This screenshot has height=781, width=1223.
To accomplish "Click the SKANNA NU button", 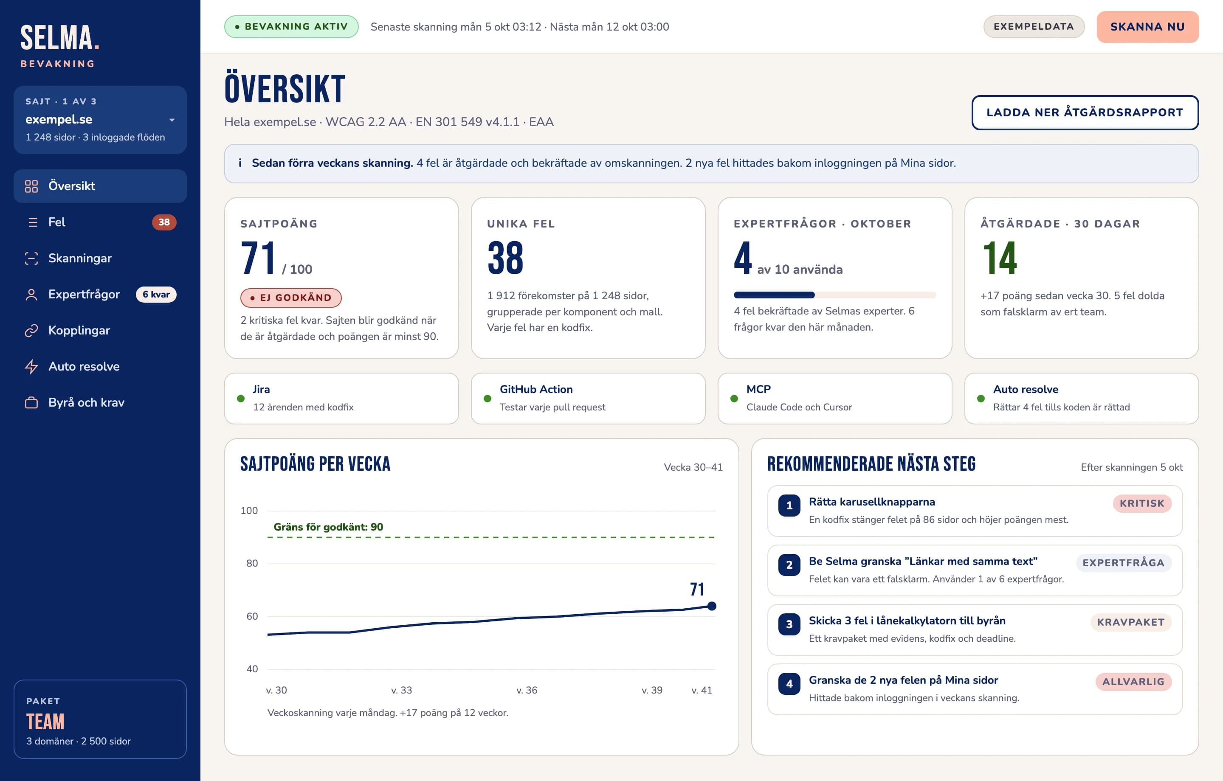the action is pyautogui.click(x=1147, y=27).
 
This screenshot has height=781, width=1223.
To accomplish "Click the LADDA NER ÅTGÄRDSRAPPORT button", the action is pyautogui.click(x=1085, y=112).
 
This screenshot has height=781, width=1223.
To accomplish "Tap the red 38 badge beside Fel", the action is pyautogui.click(x=164, y=222).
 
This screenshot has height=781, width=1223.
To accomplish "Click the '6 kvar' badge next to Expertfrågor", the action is pyautogui.click(x=156, y=295).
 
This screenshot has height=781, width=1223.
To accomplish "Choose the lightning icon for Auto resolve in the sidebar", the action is pyautogui.click(x=31, y=366).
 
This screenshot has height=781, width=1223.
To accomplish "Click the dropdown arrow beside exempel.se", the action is pyautogui.click(x=172, y=120).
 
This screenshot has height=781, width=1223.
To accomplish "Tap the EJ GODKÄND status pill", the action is pyautogui.click(x=291, y=298).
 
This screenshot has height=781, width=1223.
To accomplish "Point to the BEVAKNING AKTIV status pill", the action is pyautogui.click(x=292, y=26).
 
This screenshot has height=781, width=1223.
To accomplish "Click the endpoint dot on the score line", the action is pyautogui.click(x=712, y=606).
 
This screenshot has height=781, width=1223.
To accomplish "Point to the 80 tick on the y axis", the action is pyautogui.click(x=252, y=563).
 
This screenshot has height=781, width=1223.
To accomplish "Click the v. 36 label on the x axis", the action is pyautogui.click(x=527, y=690).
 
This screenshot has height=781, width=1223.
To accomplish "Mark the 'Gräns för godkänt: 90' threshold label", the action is pyautogui.click(x=328, y=527).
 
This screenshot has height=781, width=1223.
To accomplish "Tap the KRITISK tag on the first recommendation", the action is pyautogui.click(x=1142, y=503).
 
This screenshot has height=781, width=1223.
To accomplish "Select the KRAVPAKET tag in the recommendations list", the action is pyautogui.click(x=1130, y=622).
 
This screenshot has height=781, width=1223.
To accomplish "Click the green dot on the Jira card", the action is pyautogui.click(x=241, y=399).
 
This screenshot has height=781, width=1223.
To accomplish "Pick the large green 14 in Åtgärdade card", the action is pyautogui.click(x=1000, y=258).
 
